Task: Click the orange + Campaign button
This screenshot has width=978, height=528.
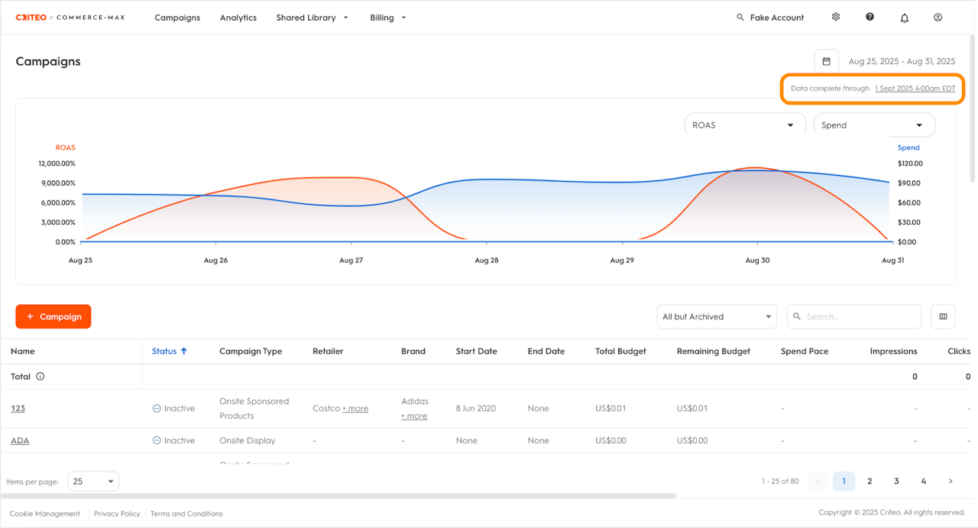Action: pyautogui.click(x=53, y=316)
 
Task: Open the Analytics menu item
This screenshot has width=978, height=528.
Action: pyautogui.click(x=238, y=18)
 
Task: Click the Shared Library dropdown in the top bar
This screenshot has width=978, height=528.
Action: pyautogui.click(x=312, y=18)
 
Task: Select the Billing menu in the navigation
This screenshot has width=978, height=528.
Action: pyautogui.click(x=388, y=18)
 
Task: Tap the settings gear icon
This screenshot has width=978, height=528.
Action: pyautogui.click(x=836, y=17)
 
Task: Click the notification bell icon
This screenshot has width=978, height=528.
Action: pyautogui.click(x=905, y=18)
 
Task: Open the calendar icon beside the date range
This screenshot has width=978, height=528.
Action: pyautogui.click(x=826, y=61)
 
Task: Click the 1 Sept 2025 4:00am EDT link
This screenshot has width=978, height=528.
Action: pyautogui.click(x=915, y=89)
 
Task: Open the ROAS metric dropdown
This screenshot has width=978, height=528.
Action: pyautogui.click(x=744, y=125)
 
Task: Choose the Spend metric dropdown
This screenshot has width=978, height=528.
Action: pyautogui.click(x=873, y=125)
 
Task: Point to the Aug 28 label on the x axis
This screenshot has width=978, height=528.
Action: pyautogui.click(x=487, y=261)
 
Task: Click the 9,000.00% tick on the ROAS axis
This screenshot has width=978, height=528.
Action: pyautogui.click(x=57, y=183)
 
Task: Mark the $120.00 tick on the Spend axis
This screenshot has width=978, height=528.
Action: pyautogui.click(x=910, y=164)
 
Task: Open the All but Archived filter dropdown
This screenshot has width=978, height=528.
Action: pyautogui.click(x=716, y=316)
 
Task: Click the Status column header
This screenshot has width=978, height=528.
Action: pyautogui.click(x=164, y=351)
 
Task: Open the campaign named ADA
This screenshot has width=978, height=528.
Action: pyautogui.click(x=20, y=441)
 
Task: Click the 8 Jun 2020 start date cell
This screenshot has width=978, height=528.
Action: pyautogui.click(x=475, y=409)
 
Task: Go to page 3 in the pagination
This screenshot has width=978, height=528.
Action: pyautogui.click(x=896, y=481)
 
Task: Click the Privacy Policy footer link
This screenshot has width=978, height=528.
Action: pyautogui.click(x=117, y=513)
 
